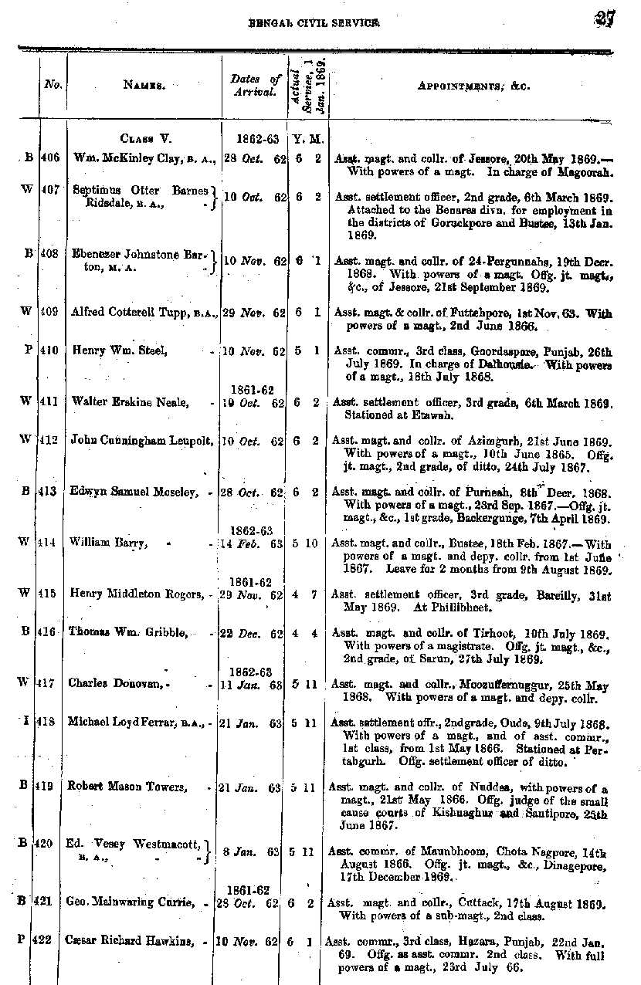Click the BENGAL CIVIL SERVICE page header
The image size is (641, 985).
click(x=313, y=24)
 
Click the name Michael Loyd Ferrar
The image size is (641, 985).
click(x=125, y=722)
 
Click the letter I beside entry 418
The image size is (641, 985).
click(x=28, y=722)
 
